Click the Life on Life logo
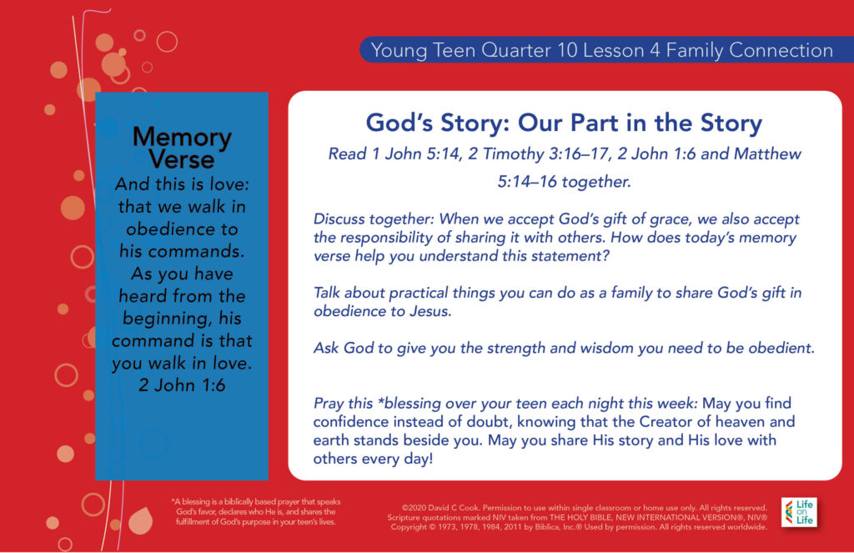pos(799,512)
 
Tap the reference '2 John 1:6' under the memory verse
pos(182,385)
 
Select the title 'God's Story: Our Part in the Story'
pos(564,123)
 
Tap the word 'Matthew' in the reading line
pos(767,153)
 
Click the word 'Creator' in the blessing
pos(666,421)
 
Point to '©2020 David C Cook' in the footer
pos(441,508)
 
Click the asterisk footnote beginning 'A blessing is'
pos(256,511)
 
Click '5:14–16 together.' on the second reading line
pos(565,182)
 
